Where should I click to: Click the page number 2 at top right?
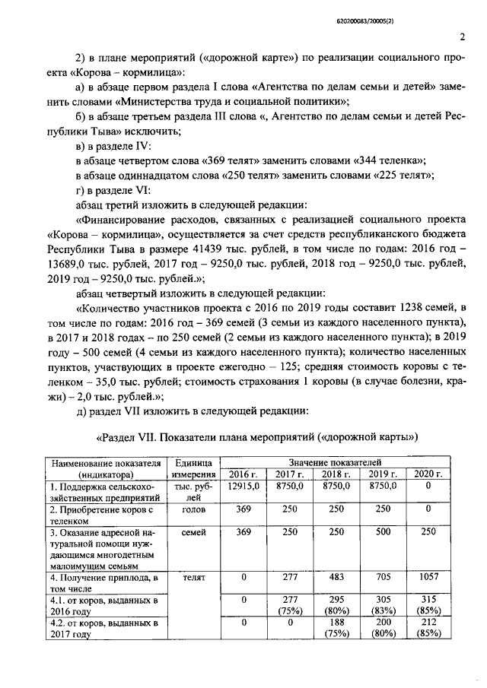coord(463,36)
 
